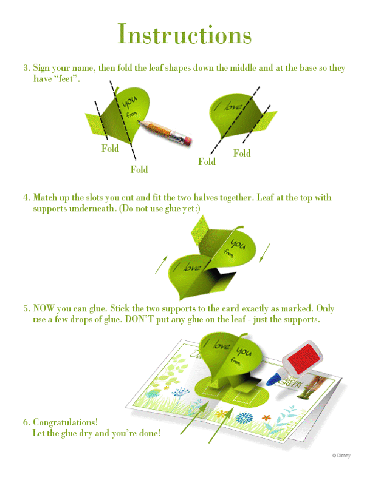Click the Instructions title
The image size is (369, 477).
point(184,34)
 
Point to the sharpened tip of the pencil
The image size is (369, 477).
point(139,122)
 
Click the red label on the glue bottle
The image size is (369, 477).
point(304,358)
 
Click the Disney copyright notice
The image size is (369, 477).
point(341,456)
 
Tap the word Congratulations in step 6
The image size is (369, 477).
point(65,423)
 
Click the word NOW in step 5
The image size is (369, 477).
point(43,308)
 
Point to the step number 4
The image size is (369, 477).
point(26,198)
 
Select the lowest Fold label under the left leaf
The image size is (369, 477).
point(139,169)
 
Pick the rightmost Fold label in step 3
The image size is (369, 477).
point(242,153)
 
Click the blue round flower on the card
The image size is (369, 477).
point(244,417)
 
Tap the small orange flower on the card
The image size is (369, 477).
point(266,418)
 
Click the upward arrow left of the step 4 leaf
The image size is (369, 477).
point(161,264)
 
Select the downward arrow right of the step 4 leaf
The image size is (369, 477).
point(264,253)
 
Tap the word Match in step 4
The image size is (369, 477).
point(45,198)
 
